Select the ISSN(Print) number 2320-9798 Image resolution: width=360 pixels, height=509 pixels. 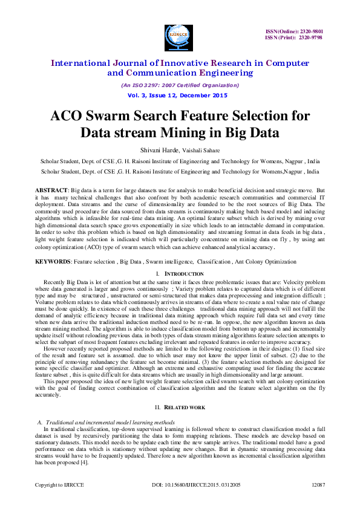(x=322, y=37)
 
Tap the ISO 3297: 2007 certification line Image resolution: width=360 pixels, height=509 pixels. (x=180, y=86)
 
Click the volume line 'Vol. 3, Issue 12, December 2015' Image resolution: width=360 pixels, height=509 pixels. (x=180, y=96)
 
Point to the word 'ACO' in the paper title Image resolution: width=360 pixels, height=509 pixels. (x=68, y=115)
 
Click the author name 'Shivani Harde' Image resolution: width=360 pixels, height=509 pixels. (x=164, y=150)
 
